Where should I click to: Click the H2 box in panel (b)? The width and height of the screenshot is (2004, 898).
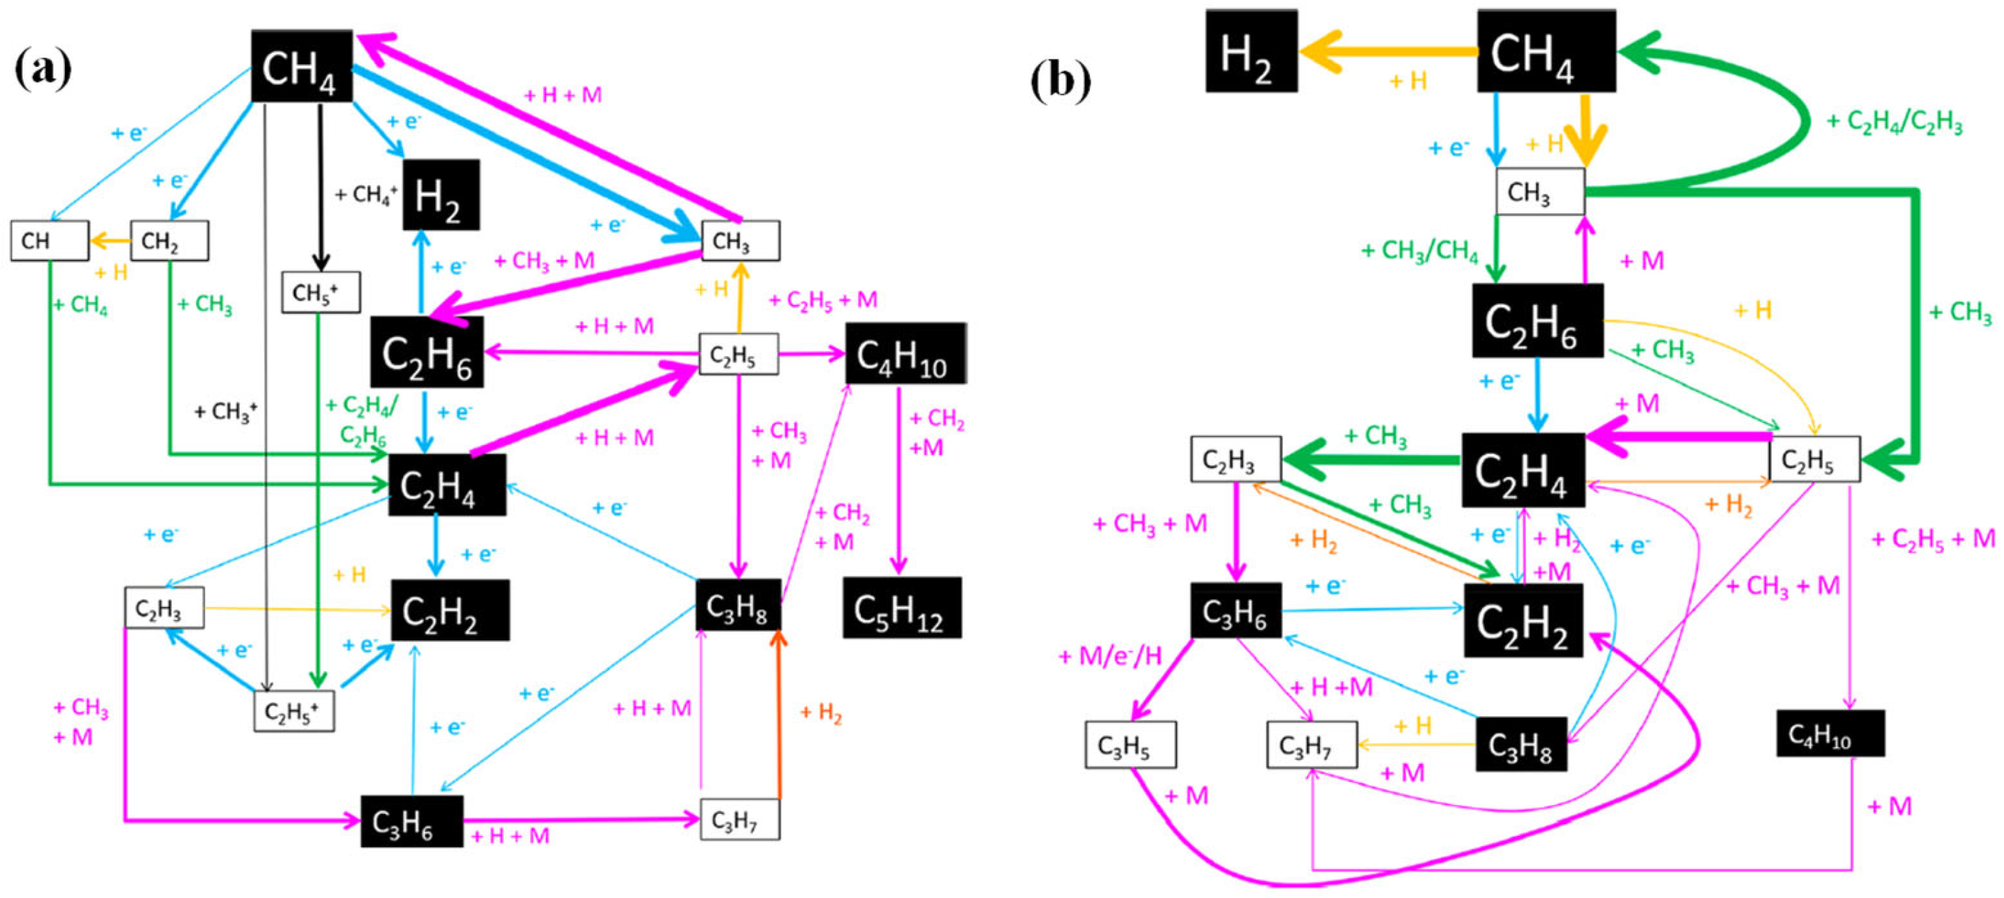tap(1251, 52)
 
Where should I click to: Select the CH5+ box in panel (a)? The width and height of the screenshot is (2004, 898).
tap(320, 292)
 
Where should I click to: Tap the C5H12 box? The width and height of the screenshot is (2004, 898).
tap(902, 608)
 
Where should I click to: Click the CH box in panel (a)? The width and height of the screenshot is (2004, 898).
tap(49, 241)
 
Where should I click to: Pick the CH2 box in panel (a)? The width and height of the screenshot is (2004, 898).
tap(169, 241)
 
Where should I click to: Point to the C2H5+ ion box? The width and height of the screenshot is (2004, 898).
tap(294, 711)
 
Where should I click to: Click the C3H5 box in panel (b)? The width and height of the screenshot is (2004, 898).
tap(1129, 745)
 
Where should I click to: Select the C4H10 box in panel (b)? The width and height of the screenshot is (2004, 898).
tap(1830, 733)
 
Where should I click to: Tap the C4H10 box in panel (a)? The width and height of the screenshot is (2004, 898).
tap(905, 354)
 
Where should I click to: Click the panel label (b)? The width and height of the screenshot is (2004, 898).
tap(1060, 80)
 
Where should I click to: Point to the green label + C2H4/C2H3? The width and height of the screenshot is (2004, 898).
tap(1893, 122)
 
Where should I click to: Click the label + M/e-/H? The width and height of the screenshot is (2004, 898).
tap(1110, 656)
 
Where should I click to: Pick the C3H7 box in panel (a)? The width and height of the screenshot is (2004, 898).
tap(739, 819)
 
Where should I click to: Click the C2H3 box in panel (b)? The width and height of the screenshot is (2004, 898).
tap(1235, 459)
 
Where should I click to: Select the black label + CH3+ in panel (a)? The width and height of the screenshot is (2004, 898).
tap(225, 411)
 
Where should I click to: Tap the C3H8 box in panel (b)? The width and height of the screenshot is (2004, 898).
tap(1520, 745)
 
